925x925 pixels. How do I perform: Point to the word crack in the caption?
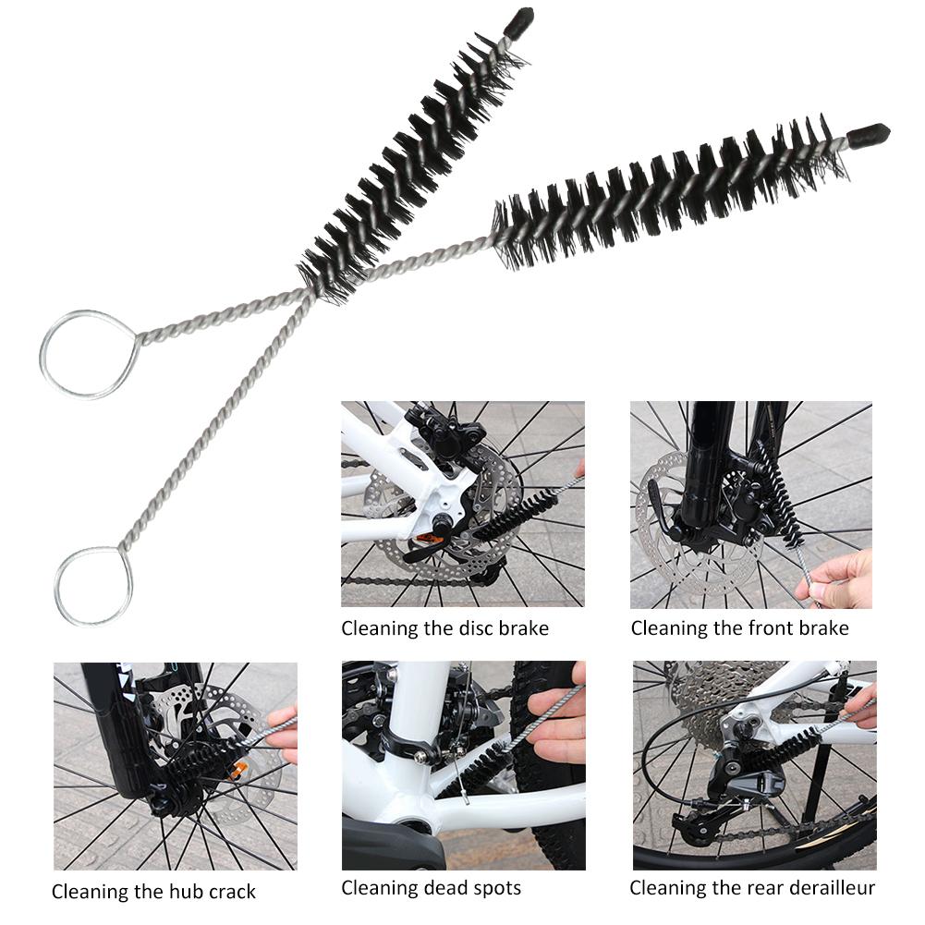click(232, 892)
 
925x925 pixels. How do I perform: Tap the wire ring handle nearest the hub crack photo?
click(93, 587)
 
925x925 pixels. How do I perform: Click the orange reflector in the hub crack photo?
click(238, 770)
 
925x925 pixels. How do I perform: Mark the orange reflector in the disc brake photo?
click(428, 539)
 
